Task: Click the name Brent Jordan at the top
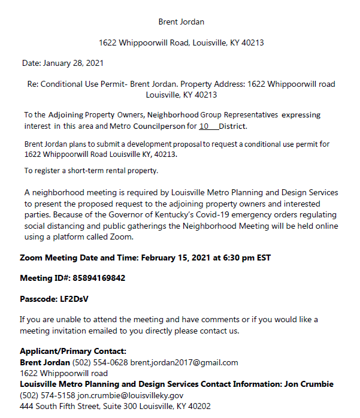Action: [x=181, y=22]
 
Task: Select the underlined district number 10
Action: [x=204, y=126]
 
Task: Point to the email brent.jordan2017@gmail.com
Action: [x=184, y=362]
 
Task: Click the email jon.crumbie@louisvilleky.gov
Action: [x=129, y=395]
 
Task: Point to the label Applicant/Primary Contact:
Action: [x=73, y=352]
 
